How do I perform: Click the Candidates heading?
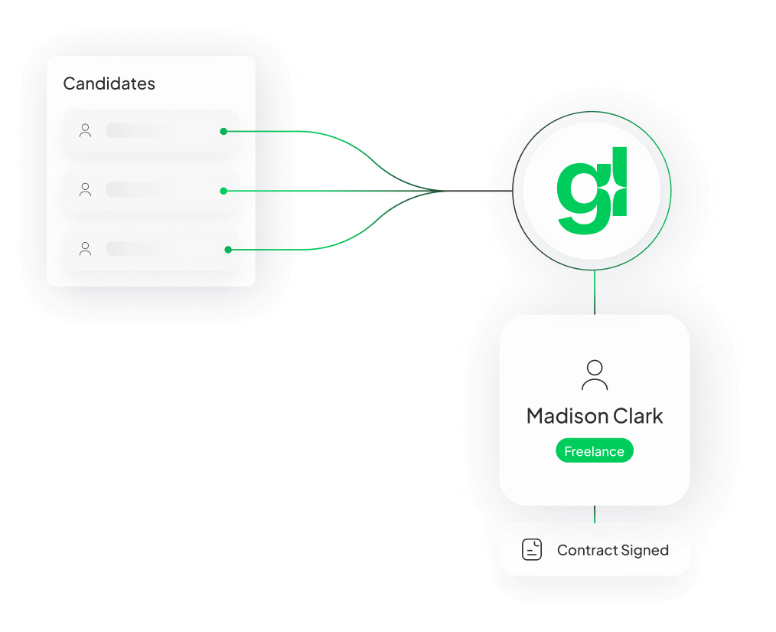tap(109, 84)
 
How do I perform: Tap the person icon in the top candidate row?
tap(85, 131)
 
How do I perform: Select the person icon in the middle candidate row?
tap(85, 190)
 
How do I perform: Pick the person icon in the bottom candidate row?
tap(85, 248)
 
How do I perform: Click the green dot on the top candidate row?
tap(223, 131)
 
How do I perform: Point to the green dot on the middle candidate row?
tap(223, 191)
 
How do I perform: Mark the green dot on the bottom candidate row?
tap(227, 249)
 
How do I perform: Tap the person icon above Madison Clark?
tap(595, 375)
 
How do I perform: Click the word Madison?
tap(562, 417)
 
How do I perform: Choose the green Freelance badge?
tap(595, 451)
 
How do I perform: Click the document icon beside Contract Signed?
tap(532, 550)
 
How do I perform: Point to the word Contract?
tap(588, 550)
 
